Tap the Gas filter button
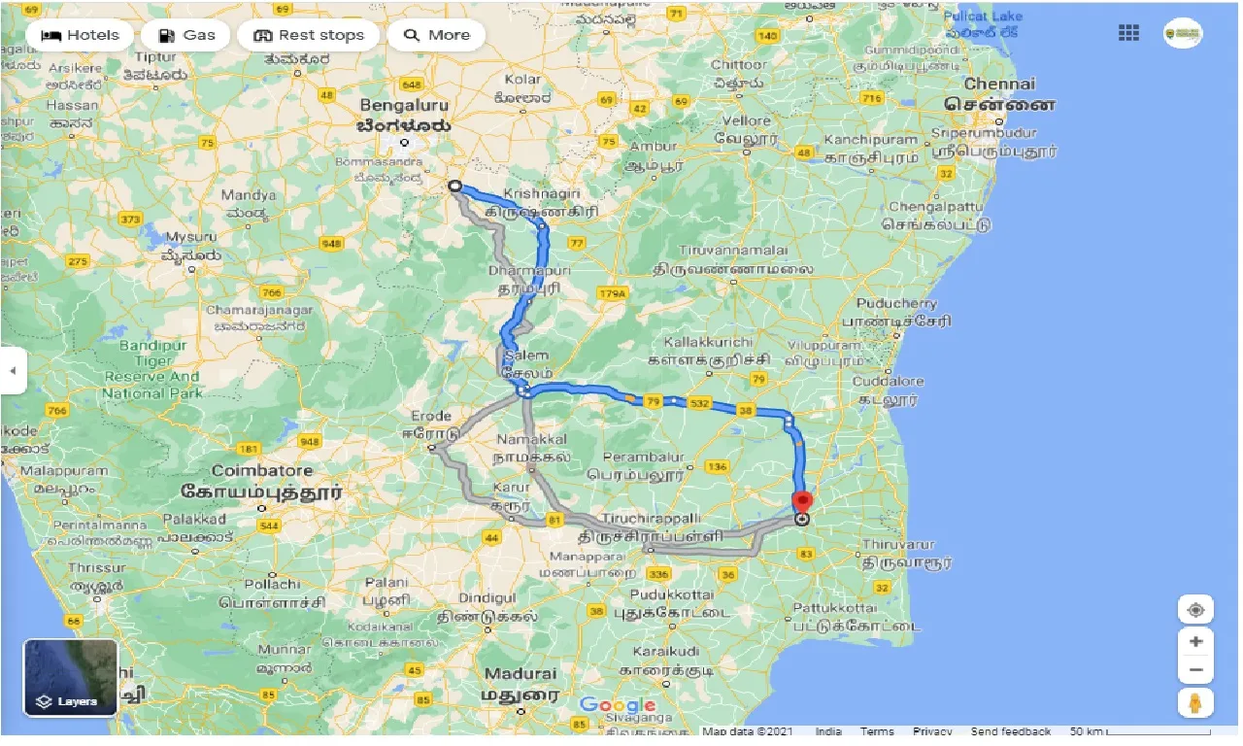(x=185, y=35)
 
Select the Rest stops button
(x=308, y=35)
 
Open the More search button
(x=437, y=35)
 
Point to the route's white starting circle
(x=454, y=185)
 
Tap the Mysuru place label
(x=190, y=237)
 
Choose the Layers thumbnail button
(x=71, y=677)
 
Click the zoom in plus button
(x=1195, y=642)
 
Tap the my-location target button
(x=1195, y=610)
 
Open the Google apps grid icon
(x=1128, y=33)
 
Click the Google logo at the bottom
(x=618, y=705)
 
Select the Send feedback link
(x=1010, y=731)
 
